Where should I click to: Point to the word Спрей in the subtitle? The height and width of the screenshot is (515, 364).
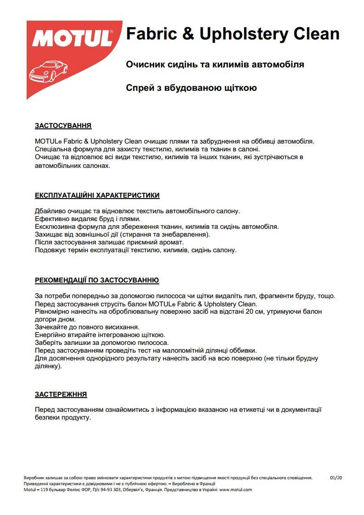point(140,88)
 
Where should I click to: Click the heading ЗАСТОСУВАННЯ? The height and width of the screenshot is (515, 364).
point(63,126)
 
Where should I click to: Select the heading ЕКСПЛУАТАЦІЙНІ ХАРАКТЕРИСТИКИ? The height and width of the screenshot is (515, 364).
point(97,195)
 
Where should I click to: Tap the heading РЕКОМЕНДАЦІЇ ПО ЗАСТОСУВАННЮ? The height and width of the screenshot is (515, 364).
point(97,280)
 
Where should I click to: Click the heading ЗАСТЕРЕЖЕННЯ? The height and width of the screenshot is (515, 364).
point(61,394)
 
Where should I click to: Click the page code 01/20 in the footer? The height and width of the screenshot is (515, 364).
point(336,477)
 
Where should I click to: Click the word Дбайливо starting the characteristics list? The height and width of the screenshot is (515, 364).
point(49,211)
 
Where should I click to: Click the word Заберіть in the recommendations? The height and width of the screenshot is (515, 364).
point(48,343)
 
